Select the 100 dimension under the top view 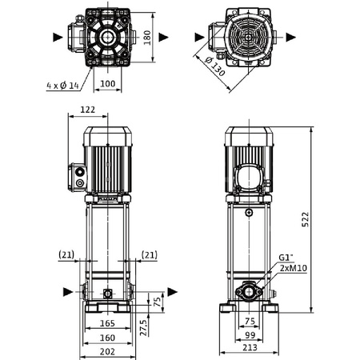click(106, 82)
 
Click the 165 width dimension click(106, 323)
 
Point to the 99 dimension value click(250, 336)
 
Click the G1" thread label click(285, 258)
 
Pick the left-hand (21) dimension click(66, 254)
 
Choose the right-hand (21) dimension click(149, 254)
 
